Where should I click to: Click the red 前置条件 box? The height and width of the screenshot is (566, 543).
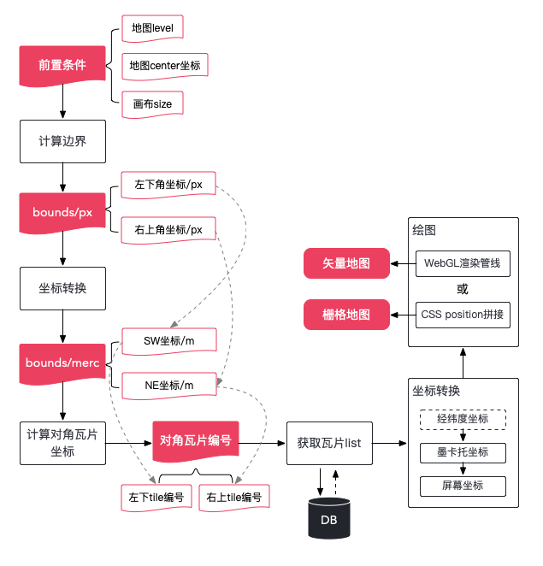click(x=62, y=66)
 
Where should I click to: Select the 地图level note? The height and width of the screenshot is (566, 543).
click(x=152, y=28)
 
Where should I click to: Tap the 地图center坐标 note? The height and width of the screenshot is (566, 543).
click(x=165, y=66)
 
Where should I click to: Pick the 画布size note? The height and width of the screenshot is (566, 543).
click(x=152, y=104)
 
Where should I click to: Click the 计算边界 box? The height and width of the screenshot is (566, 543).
click(x=62, y=142)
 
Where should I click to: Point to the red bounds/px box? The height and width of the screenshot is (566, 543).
click(x=62, y=213)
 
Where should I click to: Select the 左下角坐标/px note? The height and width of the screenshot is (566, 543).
click(x=168, y=185)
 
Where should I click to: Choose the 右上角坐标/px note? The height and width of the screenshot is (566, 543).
click(x=168, y=230)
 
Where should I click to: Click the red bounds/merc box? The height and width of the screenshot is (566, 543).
click(x=62, y=363)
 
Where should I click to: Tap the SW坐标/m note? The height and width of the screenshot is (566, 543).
click(x=169, y=341)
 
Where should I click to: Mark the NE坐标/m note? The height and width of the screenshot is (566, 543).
click(x=169, y=386)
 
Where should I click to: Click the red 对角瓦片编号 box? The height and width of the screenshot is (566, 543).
click(x=196, y=441)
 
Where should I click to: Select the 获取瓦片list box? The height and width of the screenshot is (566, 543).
click(x=329, y=443)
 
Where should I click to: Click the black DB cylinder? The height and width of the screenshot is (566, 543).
click(x=329, y=518)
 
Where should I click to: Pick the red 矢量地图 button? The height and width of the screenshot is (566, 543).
click(x=346, y=263)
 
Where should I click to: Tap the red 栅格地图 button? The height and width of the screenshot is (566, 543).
click(x=346, y=315)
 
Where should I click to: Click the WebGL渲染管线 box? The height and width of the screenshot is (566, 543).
click(x=463, y=263)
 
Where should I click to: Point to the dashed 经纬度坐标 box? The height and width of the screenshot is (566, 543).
click(x=463, y=420)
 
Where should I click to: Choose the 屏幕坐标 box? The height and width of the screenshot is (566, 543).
click(x=463, y=486)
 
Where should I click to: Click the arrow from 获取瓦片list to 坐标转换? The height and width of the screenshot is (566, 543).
click(x=390, y=443)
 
